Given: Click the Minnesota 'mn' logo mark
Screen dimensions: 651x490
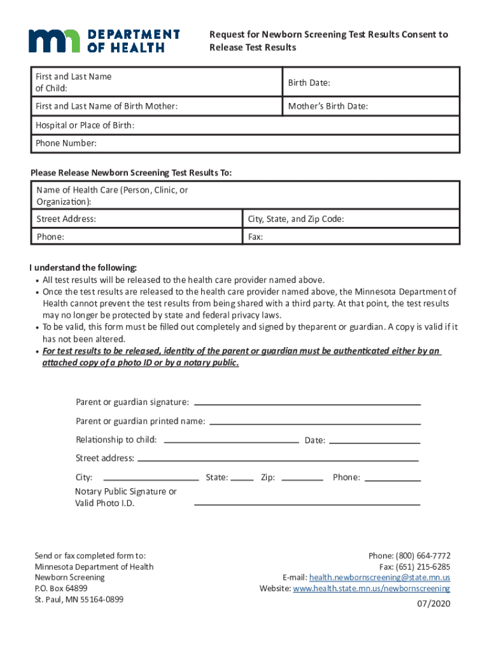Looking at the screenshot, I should [53, 41].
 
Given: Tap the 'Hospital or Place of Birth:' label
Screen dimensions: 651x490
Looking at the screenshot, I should [85, 125].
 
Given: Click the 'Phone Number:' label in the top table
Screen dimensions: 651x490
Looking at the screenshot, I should [66, 143].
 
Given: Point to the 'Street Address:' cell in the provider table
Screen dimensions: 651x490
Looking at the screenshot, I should [66, 219].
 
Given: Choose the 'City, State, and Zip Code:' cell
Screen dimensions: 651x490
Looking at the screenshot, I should [296, 219].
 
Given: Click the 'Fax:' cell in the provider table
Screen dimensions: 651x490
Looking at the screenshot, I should [255, 236].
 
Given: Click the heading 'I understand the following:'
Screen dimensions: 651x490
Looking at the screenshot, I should [83, 267].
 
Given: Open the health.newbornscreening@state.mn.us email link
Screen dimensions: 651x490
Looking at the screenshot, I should [379, 577].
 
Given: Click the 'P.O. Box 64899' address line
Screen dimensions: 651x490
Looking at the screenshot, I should [61, 588].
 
